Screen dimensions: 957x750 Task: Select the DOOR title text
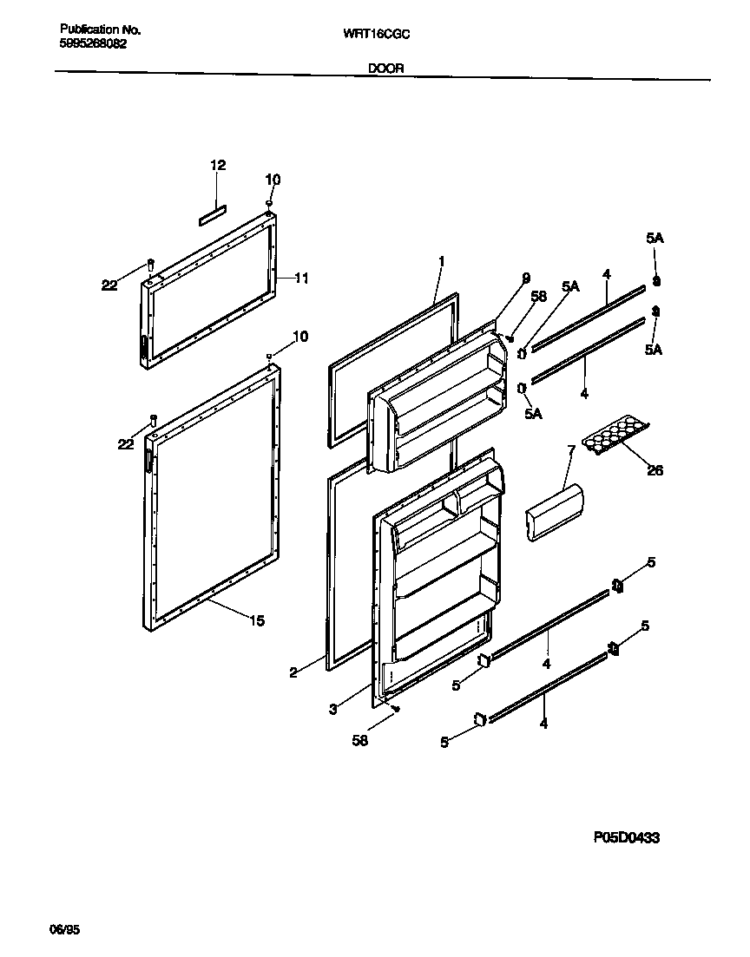385,68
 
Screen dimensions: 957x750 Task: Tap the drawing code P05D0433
627,837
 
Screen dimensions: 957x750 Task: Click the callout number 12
218,165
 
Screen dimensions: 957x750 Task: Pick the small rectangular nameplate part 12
212,216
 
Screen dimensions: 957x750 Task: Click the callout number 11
301,279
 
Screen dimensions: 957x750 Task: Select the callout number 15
257,620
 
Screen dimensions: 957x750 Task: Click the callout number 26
655,470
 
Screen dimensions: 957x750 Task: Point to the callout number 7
570,451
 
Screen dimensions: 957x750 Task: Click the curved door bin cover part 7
555,513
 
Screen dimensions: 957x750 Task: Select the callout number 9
525,278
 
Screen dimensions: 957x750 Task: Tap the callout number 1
441,260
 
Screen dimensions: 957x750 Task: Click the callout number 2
293,671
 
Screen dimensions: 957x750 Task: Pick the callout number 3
332,709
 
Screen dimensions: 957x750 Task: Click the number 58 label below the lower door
359,741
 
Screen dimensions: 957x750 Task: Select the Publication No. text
100,29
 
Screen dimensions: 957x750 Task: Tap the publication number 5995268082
93,43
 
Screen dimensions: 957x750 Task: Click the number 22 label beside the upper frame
109,285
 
